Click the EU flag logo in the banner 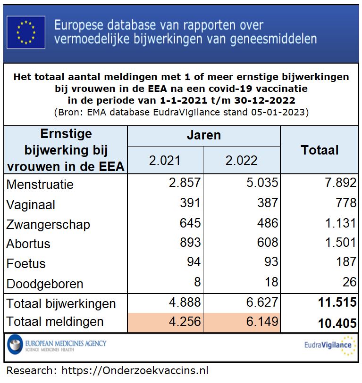pos(26,33)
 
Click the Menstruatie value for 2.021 pos(185,183)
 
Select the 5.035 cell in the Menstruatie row pos(261,183)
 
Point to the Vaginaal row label pos(31,205)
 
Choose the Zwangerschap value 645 pos(190,223)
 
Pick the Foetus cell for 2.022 pos(268,262)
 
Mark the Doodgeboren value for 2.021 pos(197,282)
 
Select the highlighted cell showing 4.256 pos(185,322)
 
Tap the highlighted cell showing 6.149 pos(261,322)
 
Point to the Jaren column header pos(204,136)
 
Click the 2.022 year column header pos(242,160)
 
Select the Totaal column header pos(320,150)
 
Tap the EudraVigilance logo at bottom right pos(329,345)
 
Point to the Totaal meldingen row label pos(55,322)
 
